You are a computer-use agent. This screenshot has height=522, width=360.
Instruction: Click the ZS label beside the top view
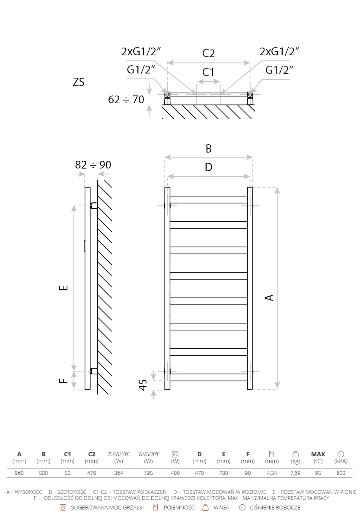[79, 82]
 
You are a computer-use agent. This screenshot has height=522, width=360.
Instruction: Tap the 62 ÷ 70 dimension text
[126, 99]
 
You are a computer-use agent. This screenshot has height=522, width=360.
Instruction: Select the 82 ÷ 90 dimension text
[93, 165]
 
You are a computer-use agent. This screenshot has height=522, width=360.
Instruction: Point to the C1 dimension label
[208, 72]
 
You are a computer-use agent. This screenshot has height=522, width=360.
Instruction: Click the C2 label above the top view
[208, 53]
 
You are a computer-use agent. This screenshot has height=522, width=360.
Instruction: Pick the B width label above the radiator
[209, 149]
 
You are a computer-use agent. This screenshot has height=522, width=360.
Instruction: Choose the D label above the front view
[209, 167]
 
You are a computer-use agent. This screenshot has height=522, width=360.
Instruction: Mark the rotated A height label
[270, 298]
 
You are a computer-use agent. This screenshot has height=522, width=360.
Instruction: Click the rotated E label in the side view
[64, 287]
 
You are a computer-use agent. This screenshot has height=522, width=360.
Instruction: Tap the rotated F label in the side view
[64, 381]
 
